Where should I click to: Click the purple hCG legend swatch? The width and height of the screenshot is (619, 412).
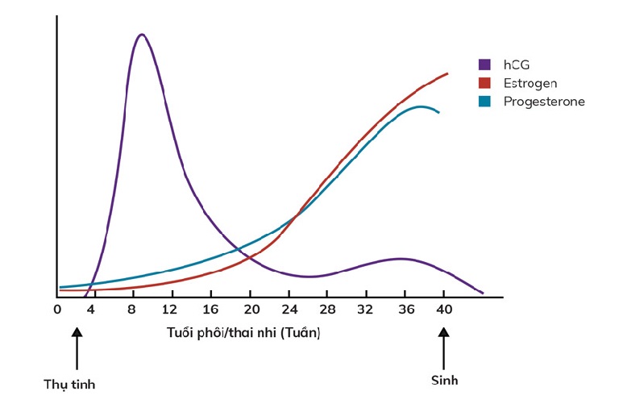click(485, 65)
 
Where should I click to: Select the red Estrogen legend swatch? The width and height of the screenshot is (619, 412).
click(485, 83)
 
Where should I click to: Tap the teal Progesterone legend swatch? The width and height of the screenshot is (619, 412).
click(485, 102)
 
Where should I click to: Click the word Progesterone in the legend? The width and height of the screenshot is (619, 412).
click(543, 102)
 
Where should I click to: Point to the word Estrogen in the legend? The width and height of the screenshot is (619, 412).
click(530, 83)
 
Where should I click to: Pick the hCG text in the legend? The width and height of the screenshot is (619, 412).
click(517, 65)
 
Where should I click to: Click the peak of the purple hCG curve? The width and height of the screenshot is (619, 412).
click(142, 35)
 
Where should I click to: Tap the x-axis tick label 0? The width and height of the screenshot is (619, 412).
click(57, 310)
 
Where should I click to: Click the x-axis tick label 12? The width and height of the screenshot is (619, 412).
click(168, 310)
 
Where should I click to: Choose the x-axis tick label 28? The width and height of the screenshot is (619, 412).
click(327, 310)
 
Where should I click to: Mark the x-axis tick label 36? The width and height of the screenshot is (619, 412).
click(405, 310)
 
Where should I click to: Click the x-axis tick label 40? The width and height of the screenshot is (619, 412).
click(444, 310)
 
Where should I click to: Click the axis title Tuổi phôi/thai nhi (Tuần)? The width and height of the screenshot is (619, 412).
click(243, 332)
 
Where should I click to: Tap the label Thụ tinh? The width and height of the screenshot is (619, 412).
click(69, 384)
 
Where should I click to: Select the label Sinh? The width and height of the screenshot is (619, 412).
click(444, 380)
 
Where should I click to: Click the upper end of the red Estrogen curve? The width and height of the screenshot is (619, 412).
click(447, 73)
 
